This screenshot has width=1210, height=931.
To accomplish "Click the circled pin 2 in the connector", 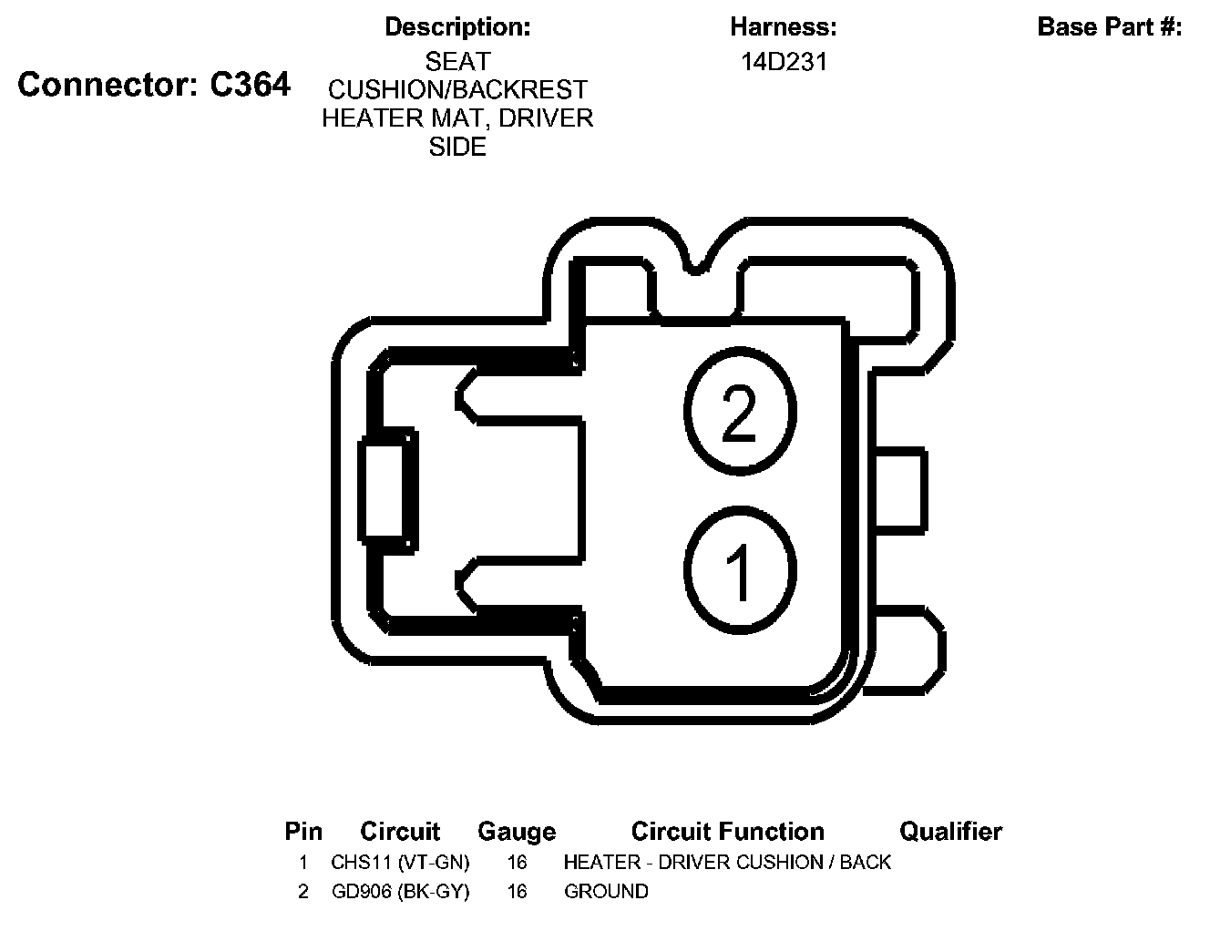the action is click(x=740, y=414).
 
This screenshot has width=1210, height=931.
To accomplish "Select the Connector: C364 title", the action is click(x=154, y=85).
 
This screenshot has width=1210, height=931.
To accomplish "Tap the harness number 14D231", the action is click(x=784, y=62).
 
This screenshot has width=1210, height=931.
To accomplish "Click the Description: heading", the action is click(x=457, y=27).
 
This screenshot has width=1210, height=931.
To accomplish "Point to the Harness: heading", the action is click(x=784, y=27).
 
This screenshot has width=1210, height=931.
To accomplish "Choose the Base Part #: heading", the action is click(x=1110, y=27).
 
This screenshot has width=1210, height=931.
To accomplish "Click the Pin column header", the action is click(x=303, y=832).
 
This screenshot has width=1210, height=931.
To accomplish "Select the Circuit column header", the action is click(x=400, y=832).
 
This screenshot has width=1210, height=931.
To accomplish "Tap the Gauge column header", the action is click(x=517, y=832).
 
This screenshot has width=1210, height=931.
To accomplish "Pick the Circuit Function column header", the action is click(x=727, y=832).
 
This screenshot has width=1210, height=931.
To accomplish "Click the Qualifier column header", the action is click(x=950, y=832).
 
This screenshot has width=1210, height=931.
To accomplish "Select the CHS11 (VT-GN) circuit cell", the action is click(x=400, y=862).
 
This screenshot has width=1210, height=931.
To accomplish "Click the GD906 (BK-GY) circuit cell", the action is click(x=400, y=891).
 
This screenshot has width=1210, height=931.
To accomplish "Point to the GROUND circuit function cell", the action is click(x=606, y=891).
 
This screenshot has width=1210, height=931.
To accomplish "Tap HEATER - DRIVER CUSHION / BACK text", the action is click(x=727, y=862).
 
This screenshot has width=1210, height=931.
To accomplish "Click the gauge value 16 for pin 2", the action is click(x=517, y=891).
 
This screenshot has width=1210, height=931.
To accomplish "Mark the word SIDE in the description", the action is click(x=457, y=147).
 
